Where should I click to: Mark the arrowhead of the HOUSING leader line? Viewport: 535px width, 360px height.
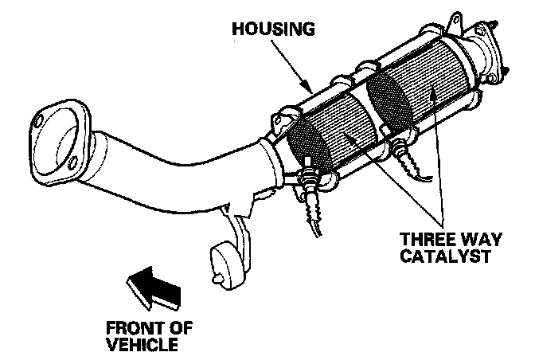pyautogui.click(x=305, y=84)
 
